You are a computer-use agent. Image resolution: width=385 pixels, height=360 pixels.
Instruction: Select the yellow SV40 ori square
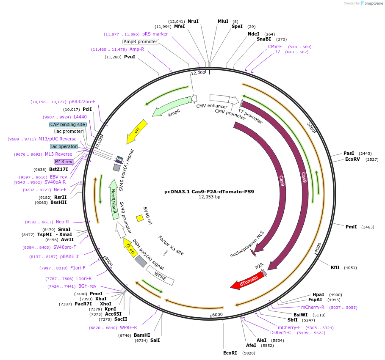tap(140, 218)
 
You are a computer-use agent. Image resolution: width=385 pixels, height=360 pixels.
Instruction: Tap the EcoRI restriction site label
tap(230, 353)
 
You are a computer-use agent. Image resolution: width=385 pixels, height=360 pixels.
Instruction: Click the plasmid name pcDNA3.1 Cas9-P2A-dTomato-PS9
tap(209, 192)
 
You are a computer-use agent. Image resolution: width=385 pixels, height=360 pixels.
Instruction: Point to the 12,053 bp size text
tap(210, 197)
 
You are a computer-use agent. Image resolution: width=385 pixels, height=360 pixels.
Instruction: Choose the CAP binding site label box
tap(68, 124)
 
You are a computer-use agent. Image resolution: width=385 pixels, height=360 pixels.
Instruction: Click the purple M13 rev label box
tap(64, 162)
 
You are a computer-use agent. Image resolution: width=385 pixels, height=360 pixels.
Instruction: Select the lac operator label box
tap(64, 147)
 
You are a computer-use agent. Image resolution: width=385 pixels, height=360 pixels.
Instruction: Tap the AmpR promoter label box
tap(141, 42)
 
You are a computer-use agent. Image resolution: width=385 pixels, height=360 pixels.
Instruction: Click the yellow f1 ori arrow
tap(130, 247)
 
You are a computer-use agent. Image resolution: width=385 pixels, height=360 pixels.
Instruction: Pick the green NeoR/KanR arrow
tap(114, 199)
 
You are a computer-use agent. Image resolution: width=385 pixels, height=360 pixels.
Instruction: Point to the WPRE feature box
tap(160, 276)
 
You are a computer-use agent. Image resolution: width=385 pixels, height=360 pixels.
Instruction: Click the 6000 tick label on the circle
tap(218, 315)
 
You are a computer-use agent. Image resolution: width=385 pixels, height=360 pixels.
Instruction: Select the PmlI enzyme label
tap(351, 227)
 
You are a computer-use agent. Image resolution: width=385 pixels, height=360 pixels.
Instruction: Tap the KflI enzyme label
tap(335, 267)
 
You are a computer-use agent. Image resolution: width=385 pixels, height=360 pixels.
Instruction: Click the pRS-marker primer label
tap(155, 34)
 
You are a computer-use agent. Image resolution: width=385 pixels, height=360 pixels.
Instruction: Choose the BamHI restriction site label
tap(142, 335)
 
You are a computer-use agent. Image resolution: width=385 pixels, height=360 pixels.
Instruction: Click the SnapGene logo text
tap(374, 3)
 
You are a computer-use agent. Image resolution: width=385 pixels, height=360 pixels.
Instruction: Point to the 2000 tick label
tap(311, 127)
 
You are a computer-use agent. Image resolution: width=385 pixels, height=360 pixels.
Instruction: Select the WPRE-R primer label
tap(128, 327)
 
